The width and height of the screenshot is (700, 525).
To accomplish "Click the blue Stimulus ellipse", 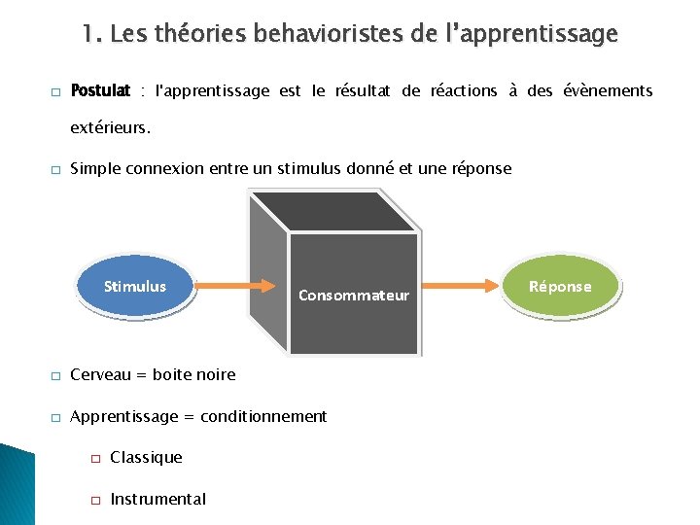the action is coord(135,287).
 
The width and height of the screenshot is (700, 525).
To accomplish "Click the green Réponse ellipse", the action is coord(560,286).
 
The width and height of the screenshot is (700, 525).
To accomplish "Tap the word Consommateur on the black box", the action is coord(354,295).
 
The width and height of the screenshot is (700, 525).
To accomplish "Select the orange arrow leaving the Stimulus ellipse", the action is coord(233,286).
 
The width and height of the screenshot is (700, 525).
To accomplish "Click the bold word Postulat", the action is coord(100,91).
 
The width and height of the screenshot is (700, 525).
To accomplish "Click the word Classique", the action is coord(146,457).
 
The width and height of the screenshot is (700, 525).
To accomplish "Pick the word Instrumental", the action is coord(158,499).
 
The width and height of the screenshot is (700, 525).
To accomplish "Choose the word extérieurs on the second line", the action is coord(110,127).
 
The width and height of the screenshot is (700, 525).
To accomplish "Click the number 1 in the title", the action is coord(88,34).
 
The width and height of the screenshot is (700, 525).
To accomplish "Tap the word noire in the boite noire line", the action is coord(216,374).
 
